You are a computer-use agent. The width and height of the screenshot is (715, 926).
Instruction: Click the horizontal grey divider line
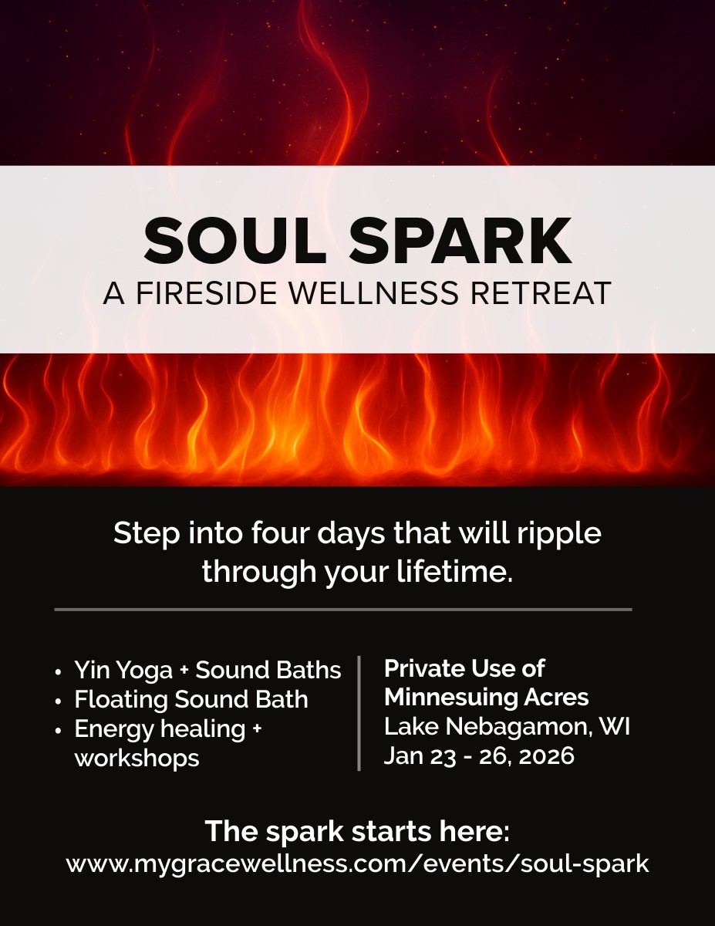click(343, 610)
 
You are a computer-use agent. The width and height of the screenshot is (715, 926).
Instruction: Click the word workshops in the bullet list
click(137, 758)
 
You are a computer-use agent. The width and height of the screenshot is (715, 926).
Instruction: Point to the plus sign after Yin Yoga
click(184, 671)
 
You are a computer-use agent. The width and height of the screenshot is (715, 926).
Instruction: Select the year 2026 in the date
click(547, 755)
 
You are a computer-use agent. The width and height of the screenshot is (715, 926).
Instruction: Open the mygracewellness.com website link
click(357, 863)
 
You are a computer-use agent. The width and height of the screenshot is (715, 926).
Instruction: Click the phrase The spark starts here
click(357, 833)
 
